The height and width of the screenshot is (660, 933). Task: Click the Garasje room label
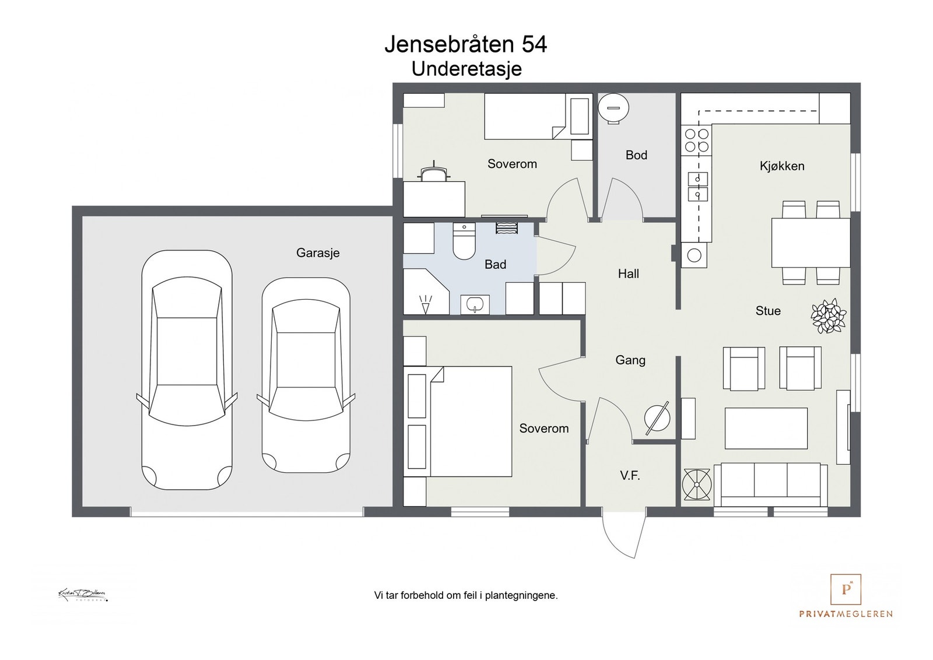pyautogui.click(x=318, y=253)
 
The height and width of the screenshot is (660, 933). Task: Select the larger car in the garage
pyautogui.click(x=187, y=370)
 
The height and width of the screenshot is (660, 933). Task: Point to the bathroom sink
pyautogui.click(x=475, y=304)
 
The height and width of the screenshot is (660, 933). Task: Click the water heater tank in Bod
pyautogui.click(x=613, y=108)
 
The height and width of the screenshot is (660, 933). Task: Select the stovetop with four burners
pyautogui.click(x=696, y=140)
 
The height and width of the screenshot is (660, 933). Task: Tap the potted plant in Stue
pyautogui.click(x=828, y=316)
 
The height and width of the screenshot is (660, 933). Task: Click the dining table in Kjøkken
pyautogui.click(x=811, y=243)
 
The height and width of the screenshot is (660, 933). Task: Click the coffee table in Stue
pyautogui.click(x=766, y=428)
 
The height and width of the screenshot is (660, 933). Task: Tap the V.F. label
pyautogui.click(x=630, y=476)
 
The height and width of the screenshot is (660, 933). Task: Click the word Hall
pyautogui.click(x=628, y=273)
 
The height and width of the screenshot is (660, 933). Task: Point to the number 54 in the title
pyautogui.click(x=534, y=44)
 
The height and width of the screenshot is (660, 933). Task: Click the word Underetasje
pyautogui.click(x=466, y=69)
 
